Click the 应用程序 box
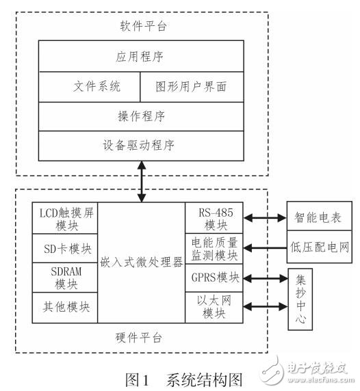click(x=141, y=54)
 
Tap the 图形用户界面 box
click(x=192, y=87)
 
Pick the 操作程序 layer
click(x=141, y=116)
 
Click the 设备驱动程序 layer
click(x=141, y=145)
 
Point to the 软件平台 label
click(x=141, y=27)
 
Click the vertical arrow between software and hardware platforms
click(x=141, y=180)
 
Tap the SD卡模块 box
click(x=64, y=247)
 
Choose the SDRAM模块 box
click(x=64, y=277)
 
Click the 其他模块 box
click(x=64, y=306)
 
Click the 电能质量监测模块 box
click(x=211, y=247)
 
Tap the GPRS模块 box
click(x=211, y=278)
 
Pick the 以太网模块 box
click(x=211, y=306)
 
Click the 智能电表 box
click(x=319, y=218)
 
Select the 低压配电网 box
click(x=319, y=247)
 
